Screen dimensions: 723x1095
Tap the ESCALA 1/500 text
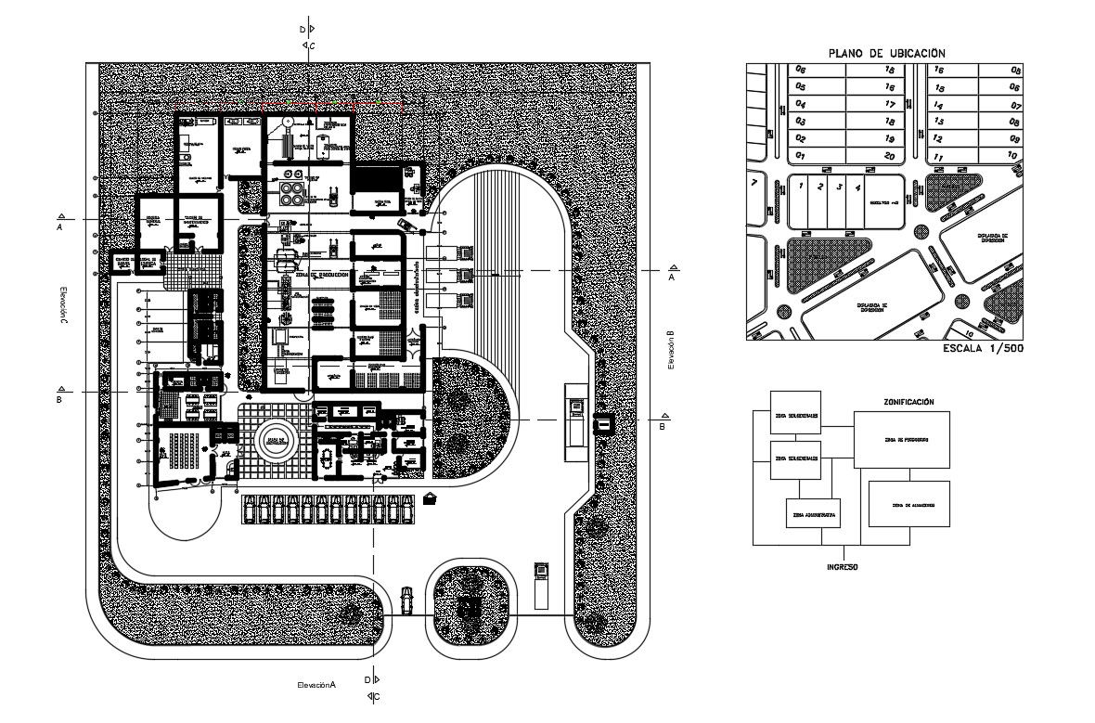[982, 350]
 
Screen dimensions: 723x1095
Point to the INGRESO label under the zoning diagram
[843, 565]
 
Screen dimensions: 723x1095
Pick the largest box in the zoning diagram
[902, 439]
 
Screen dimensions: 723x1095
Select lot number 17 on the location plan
[890, 104]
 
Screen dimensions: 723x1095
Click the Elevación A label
[316, 684]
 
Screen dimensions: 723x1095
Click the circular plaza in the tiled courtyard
[275, 443]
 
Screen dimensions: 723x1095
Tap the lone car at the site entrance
[406, 600]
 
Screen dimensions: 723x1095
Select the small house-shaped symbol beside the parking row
[430, 499]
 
